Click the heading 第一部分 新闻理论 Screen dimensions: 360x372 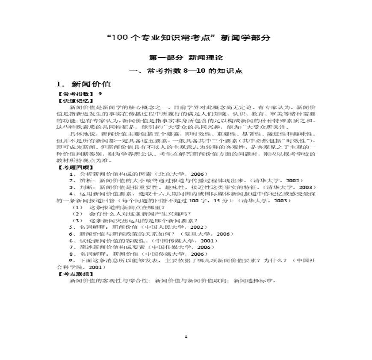[186, 57]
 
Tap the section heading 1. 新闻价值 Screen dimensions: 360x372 [84, 84]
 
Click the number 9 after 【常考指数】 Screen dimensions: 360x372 [100, 94]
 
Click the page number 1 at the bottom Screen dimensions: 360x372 [186, 336]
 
